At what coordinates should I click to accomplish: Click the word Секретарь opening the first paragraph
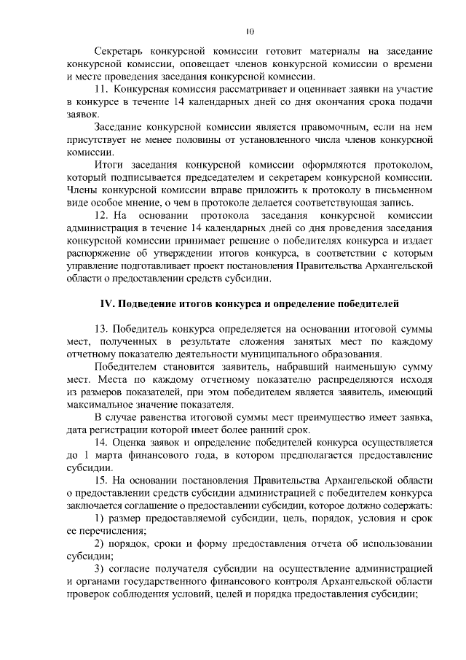coord(122,53)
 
